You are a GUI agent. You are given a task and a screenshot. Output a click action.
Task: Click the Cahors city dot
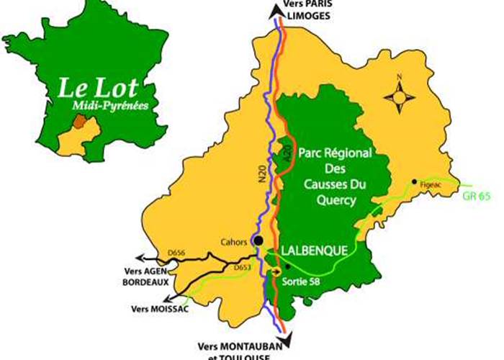coord(258,241)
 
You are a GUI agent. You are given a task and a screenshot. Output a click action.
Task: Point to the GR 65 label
coord(477,194)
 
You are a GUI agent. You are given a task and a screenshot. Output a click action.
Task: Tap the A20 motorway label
coord(286,150)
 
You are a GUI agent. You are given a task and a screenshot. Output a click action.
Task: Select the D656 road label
coord(176,253)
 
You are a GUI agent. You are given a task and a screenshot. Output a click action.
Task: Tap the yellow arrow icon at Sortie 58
coord(274,271)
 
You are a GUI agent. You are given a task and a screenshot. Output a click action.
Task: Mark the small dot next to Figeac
coord(414,181)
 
